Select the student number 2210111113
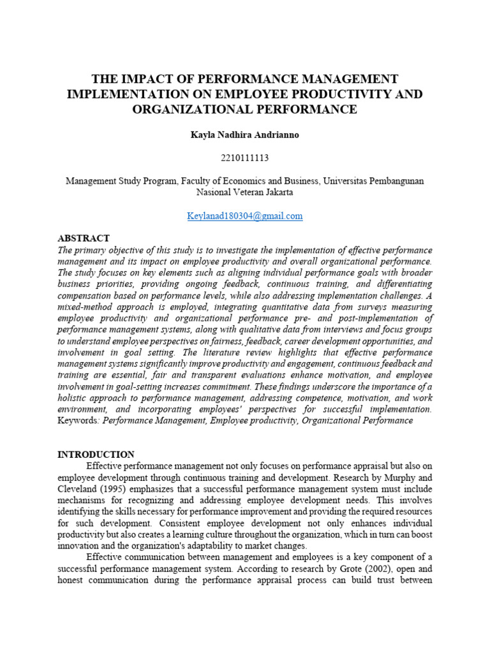tap(245, 158)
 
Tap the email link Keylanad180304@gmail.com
tap(245, 216)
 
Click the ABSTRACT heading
tap(84, 238)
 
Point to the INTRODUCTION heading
tap(96, 455)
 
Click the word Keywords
tap(78, 420)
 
